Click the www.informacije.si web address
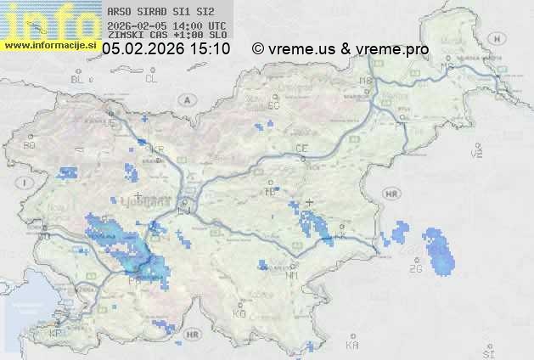[x=51, y=45]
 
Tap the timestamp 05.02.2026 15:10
[x=166, y=49]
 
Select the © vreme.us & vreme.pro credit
[x=340, y=49]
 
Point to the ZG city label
[x=416, y=269]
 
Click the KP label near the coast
[x=56, y=335]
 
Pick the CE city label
[x=301, y=149]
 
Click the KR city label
[x=156, y=149]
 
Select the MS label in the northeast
[x=448, y=66]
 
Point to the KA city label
[x=352, y=345]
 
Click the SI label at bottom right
[x=487, y=352]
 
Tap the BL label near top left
[x=78, y=79]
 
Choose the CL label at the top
[x=152, y=79]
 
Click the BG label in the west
[x=30, y=146]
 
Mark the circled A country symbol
[x=185, y=99]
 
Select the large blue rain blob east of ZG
[x=440, y=252]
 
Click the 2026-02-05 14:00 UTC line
[x=166, y=26]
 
